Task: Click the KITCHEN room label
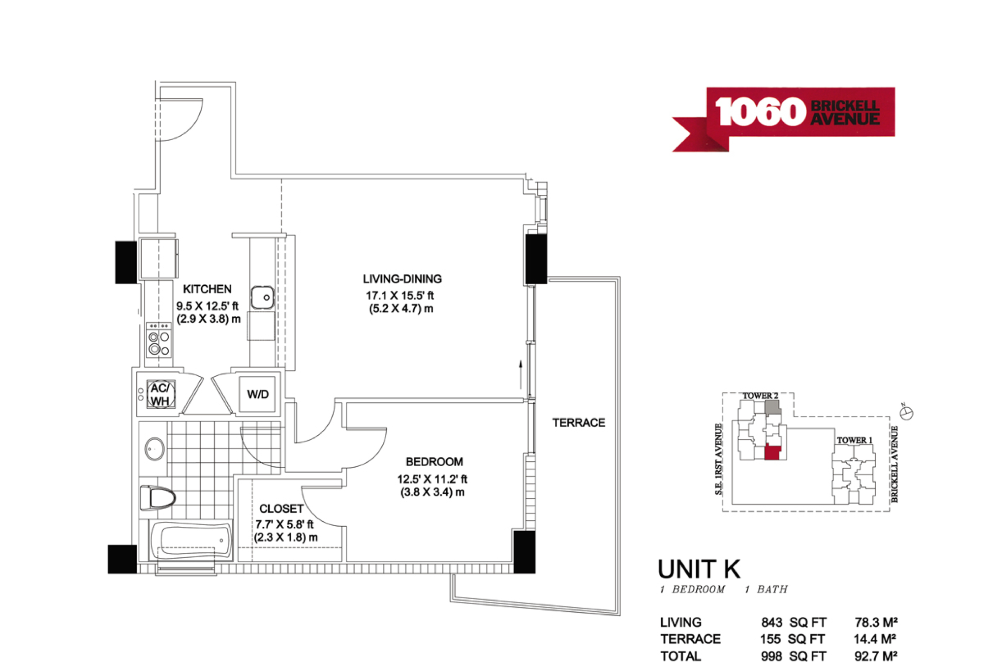[x=207, y=289]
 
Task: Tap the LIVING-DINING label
[x=402, y=279]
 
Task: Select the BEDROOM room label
[x=434, y=462]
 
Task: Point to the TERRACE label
[x=579, y=422]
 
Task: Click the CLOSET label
[x=281, y=509]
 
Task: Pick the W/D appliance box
[x=257, y=394]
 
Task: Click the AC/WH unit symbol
[x=160, y=394]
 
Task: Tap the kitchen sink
[x=263, y=298]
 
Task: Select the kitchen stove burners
[x=159, y=340]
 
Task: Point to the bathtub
[x=191, y=541]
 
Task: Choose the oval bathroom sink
[x=154, y=449]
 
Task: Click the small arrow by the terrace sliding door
[x=521, y=374]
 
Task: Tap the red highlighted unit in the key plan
[x=772, y=452]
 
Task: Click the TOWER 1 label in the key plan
[x=855, y=440]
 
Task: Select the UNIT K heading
[x=699, y=569]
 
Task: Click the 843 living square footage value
[x=771, y=622]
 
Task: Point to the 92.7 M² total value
[x=876, y=656]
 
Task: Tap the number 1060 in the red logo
[x=760, y=112]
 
